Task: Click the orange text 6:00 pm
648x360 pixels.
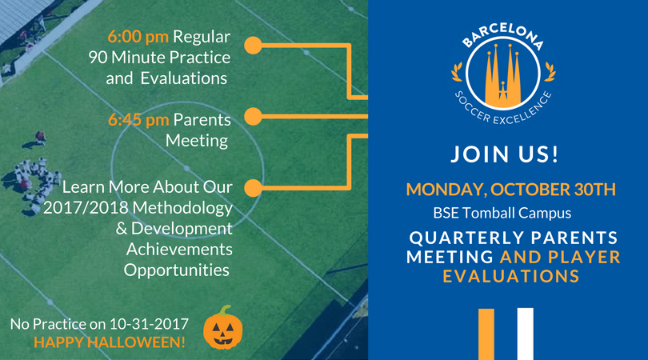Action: click(138, 37)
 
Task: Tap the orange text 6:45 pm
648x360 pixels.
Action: click(138, 120)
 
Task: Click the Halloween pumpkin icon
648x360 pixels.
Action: click(223, 328)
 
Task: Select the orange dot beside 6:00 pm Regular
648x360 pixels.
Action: click(253, 46)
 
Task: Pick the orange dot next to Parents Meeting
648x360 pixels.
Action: click(253, 117)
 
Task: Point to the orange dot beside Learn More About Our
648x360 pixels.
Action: click(253, 188)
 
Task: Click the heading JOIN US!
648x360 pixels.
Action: click(505, 154)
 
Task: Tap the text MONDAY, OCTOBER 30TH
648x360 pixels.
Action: click(510, 190)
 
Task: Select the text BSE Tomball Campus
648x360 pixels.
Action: click(502, 213)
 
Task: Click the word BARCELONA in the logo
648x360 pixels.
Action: click(503, 35)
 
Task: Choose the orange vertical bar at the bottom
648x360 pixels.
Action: click(486, 334)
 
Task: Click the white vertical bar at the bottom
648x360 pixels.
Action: click(526, 334)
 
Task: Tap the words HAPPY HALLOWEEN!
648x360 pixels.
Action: click(110, 342)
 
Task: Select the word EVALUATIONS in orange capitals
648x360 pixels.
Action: click(511, 276)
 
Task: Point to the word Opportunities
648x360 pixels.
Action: click(177, 270)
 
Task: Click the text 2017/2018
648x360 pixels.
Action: click(86, 207)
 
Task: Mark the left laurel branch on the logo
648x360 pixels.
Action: click(457, 72)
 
